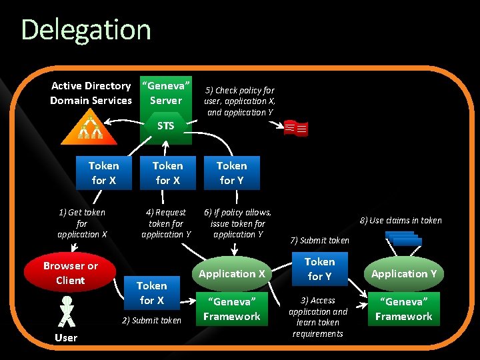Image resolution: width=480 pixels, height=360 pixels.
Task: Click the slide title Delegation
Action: pyautogui.click(x=86, y=30)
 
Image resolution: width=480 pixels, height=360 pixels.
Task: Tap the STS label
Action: pyautogui.click(x=166, y=125)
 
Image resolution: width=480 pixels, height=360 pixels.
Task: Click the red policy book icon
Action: pyautogui.click(x=295, y=128)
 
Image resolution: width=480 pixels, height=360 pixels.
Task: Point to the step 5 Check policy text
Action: pyautogui.click(x=240, y=101)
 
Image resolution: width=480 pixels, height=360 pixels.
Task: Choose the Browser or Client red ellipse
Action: pyautogui.click(x=70, y=273)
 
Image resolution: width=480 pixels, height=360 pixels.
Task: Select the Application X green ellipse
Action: pyautogui.click(x=232, y=273)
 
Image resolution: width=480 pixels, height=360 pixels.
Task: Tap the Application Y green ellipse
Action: pyautogui.click(x=404, y=273)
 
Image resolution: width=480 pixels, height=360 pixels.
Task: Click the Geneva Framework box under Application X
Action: pyautogui.click(x=232, y=309)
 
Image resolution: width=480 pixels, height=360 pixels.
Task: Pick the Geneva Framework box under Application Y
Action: pyautogui.click(x=404, y=309)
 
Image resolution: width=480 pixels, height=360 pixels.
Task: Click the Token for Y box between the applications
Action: pyautogui.click(x=319, y=269)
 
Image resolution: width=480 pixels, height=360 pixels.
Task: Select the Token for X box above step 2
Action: pyautogui.click(x=152, y=293)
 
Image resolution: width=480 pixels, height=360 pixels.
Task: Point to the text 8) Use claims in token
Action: pyautogui.click(x=401, y=220)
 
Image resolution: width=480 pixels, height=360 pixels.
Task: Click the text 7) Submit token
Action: pyautogui.click(x=320, y=240)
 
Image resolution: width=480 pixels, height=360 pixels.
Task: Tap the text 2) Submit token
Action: pyautogui.click(x=151, y=321)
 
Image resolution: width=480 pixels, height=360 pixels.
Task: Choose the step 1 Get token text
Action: pyautogui.click(x=82, y=223)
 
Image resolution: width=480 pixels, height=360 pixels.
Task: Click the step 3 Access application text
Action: pyautogui.click(x=319, y=317)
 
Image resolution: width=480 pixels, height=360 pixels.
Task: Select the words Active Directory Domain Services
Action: pyautogui.click(x=91, y=93)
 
